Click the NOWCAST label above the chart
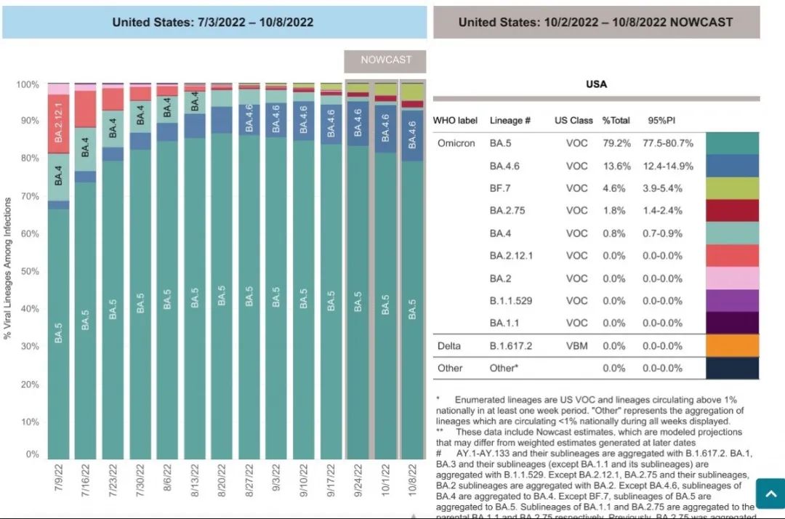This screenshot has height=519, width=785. [x=386, y=60]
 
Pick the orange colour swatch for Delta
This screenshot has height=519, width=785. [x=733, y=345]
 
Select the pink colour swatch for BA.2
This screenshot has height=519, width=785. [x=733, y=278]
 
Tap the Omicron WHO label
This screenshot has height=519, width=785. [x=456, y=143]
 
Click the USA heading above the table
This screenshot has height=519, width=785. [x=596, y=84]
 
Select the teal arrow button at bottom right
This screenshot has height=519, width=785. [x=770, y=494]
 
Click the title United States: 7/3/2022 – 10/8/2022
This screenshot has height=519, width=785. [x=213, y=23]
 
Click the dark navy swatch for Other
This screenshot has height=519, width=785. [x=733, y=368]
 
